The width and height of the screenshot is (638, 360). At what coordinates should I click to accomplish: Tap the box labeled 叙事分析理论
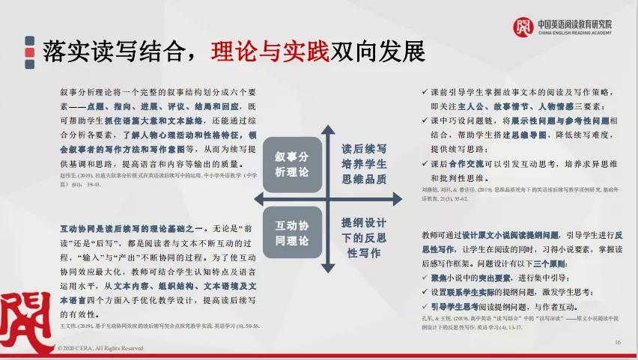(291, 164)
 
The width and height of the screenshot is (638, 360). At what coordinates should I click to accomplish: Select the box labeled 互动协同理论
(291, 232)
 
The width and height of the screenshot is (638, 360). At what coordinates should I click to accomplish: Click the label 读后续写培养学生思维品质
(364, 164)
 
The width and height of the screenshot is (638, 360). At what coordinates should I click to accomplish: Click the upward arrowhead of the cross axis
(327, 131)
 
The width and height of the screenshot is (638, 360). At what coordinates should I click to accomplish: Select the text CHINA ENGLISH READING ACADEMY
(574, 34)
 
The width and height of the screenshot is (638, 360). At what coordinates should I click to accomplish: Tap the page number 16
(618, 342)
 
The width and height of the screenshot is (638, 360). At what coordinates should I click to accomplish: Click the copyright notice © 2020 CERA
(100, 348)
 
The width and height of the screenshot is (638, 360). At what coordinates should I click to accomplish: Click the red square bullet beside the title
(29, 52)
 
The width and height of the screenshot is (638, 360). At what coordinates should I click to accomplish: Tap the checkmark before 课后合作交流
(425, 165)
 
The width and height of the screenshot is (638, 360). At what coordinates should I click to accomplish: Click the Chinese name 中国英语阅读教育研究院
(574, 24)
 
